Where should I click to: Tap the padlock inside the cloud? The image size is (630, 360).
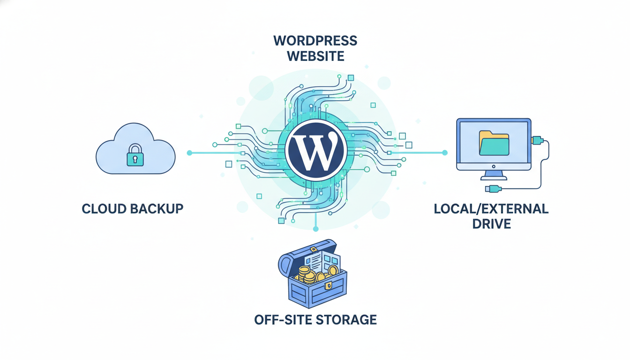[135, 156]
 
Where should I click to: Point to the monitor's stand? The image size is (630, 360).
[494, 174]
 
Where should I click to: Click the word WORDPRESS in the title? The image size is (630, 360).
[315, 41]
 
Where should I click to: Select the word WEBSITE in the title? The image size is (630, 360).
[315, 56]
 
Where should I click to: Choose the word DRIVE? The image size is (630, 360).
[491, 224]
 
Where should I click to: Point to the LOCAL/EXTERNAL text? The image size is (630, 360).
[491, 208]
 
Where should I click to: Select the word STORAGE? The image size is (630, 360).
[346, 320]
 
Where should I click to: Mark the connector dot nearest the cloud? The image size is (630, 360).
[189, 153]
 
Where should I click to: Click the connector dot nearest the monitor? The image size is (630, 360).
[445, 153]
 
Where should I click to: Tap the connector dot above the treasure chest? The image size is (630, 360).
[316, 229]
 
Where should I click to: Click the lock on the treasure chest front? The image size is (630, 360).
[329, 285]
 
